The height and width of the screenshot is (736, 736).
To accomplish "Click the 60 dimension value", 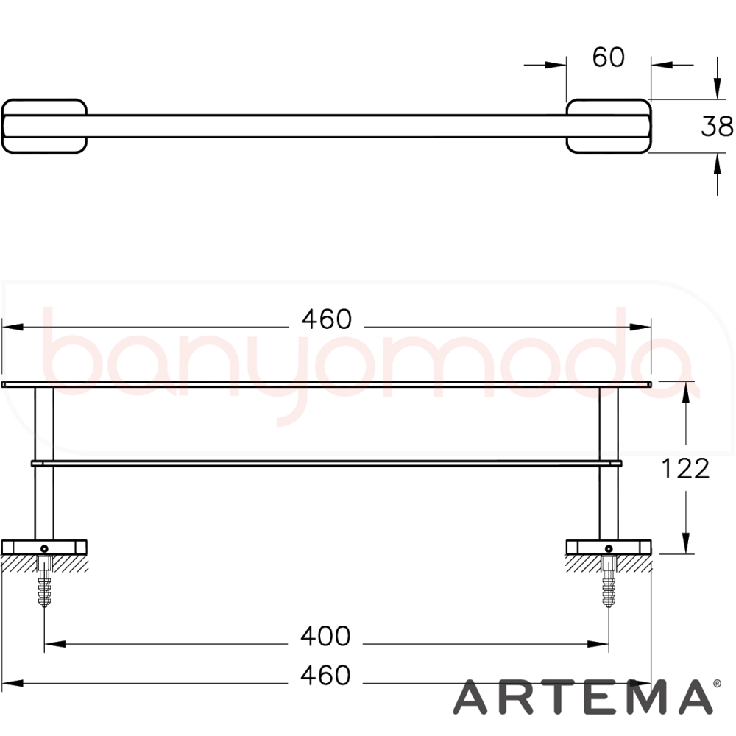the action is tap(609, 57).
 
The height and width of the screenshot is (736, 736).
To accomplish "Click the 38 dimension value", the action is tap(717, 127).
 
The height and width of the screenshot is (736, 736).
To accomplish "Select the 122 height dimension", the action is tap(685, 468).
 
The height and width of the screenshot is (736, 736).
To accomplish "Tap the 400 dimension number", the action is tap(325, 637).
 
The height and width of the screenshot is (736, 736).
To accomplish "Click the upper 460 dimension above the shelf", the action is tap(326, 319).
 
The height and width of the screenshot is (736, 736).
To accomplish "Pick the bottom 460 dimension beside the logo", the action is tap(325, 676).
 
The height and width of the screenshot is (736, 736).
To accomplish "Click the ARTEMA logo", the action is tap(583, 697).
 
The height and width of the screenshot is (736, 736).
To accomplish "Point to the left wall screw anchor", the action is tap(44, 581).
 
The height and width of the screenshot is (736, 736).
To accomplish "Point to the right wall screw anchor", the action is tap(609, 581).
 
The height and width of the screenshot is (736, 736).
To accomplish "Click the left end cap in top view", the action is tap(45, 126).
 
